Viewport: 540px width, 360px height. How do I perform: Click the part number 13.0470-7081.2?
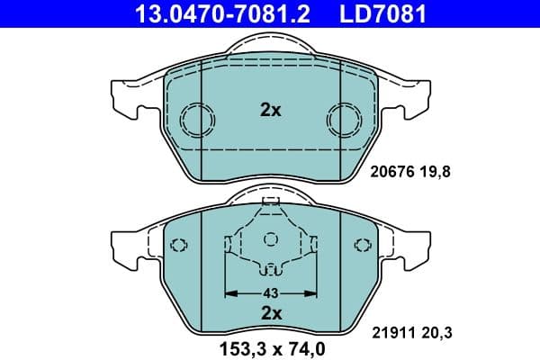click(x=210, y=13)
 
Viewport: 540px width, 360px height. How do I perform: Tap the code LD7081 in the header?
click(x=378, y=13)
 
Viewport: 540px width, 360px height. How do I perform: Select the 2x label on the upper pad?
click(x=270, y=111)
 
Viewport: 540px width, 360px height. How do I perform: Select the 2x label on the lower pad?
click(x=270, y=313)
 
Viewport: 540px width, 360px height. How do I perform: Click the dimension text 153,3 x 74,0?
click(x=270, y=347)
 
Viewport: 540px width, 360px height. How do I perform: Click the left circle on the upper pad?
click(x=196, y=119)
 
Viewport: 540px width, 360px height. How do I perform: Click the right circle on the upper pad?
click(x=343, y=119)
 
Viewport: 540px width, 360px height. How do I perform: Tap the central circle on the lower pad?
click(x=270, y=239)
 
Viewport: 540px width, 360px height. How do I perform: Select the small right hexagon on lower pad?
click(x=363, y=244)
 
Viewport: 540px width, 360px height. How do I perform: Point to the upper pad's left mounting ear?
click(x=123, y=96)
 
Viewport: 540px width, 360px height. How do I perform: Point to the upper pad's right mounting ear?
click(x=417, y=96)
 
